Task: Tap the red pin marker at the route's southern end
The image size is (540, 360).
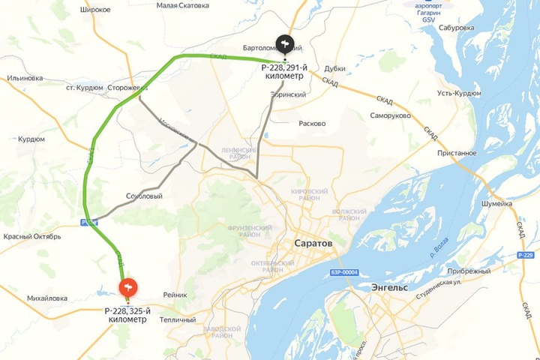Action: (128, 287)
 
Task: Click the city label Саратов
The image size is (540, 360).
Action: (312, 244)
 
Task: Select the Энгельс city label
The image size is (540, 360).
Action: (389, 287)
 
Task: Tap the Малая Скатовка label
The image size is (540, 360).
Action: (183, 5)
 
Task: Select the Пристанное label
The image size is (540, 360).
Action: (454, 153)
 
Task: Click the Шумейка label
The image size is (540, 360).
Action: (496, 202)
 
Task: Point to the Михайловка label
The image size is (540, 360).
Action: (47, 298)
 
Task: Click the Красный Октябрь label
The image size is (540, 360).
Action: (31, 237)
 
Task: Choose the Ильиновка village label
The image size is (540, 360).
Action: (25, 78)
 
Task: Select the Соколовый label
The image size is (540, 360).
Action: (145, 196)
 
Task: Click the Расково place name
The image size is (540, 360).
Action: (312, 123)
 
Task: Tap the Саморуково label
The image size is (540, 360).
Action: (390, 116)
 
